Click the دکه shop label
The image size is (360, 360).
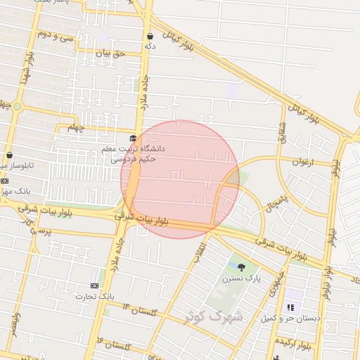click(149, 46)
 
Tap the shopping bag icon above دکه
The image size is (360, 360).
click(150, 36)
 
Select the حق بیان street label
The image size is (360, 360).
click(110, 53)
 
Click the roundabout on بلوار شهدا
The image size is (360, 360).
click(17, 106)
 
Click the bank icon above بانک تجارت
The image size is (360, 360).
click(94, 285)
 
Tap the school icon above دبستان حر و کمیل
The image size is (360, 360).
click(290, 307)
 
